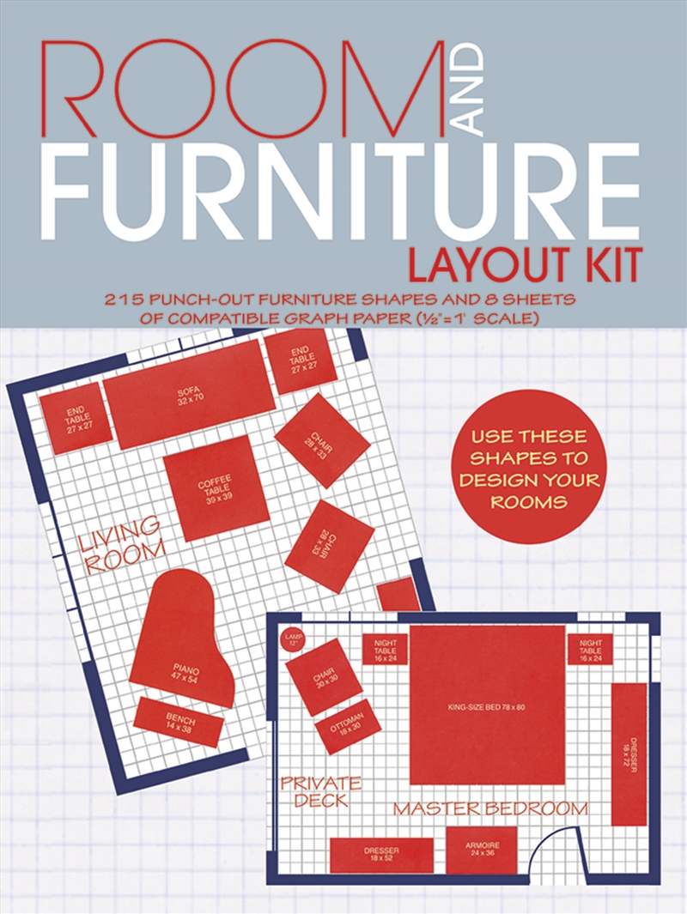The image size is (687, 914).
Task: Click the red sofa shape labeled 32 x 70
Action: tap(189, 393)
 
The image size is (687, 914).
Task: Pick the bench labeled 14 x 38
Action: tap(179, 722)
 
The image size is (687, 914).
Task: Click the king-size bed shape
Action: tap(487, 705)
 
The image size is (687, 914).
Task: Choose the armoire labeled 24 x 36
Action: tap(481, 850)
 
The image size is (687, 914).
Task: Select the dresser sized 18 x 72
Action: tap(629, 754)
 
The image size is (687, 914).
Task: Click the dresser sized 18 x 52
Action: tap(381, 855)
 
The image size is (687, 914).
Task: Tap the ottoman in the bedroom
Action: tap(348, 725)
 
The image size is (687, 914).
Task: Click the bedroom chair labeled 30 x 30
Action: tap(323, 677)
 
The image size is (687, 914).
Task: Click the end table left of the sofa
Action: tap(76, 419)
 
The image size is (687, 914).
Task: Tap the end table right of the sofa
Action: tap(299, 360)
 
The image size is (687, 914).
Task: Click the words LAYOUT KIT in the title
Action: tap(524, 265)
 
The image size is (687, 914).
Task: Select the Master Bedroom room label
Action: tap(490, 808)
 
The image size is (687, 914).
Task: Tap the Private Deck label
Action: tap(319, 791)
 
